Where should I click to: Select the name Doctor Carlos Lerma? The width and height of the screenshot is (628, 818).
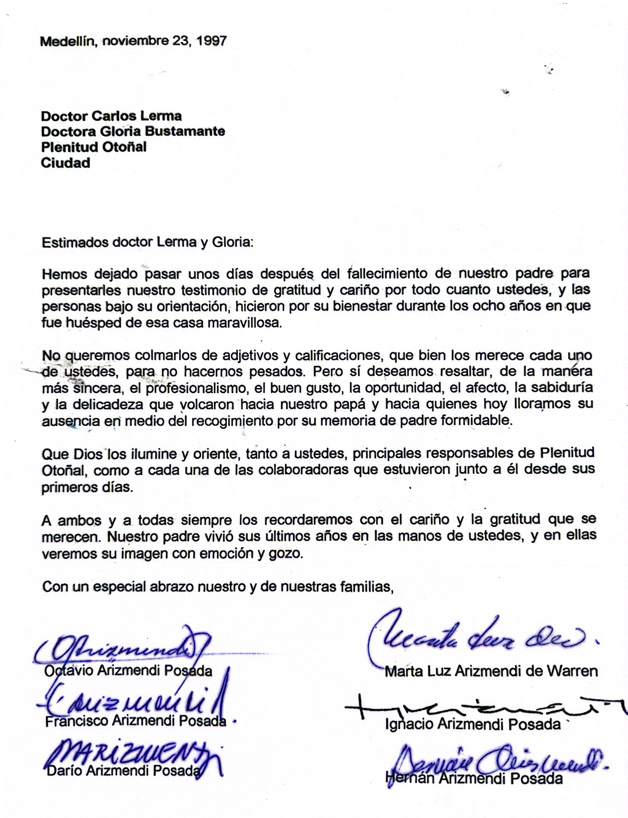tap(111, 115)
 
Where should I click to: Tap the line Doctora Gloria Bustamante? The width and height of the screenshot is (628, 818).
tap(132, 131)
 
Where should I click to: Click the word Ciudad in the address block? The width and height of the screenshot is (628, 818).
tap(66, 163)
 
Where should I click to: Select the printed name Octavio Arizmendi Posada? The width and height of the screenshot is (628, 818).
tap(128, 671)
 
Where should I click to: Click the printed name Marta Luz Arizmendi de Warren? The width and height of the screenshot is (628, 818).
tap(491, 671)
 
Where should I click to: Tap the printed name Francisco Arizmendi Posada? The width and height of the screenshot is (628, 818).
tap(136, 721)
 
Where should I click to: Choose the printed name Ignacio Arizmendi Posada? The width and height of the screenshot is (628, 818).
tap(473, 724)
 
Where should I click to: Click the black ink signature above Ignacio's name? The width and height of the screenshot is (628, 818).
tap(484, 706)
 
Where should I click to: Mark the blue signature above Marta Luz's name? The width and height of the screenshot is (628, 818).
tap(478, 635)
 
